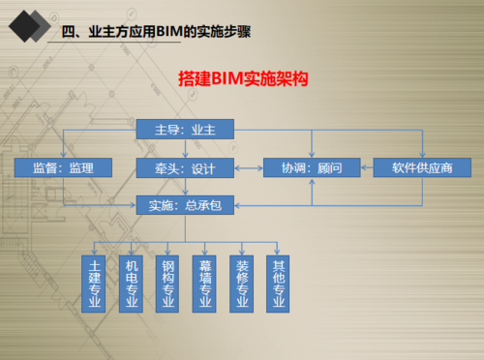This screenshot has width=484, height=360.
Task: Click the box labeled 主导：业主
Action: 185,129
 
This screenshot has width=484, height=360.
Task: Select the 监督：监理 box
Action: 64,167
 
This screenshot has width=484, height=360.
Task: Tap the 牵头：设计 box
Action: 185,167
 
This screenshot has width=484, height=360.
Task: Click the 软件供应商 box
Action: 422,167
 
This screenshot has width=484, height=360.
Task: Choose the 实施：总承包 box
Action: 185,204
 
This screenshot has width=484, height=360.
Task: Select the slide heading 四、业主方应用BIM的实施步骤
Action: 154,34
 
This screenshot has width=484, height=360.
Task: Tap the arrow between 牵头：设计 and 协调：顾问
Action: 249,167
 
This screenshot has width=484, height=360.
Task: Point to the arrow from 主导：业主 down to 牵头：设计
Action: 185,148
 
